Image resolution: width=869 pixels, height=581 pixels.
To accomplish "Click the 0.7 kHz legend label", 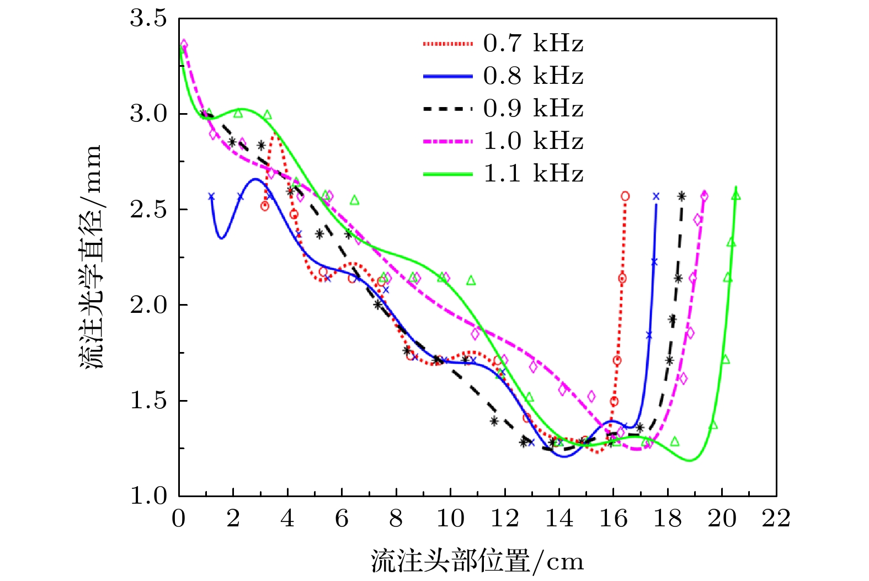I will pyautogui.click(x=533, y=44).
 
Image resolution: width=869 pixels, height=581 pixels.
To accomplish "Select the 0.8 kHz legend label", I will pyautogui.click(x=533, y=76).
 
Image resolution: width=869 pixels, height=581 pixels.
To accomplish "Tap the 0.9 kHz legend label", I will pyautogui.click(x=533, y=109).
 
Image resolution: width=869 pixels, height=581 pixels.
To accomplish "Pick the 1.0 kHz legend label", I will pyautogui.click(x=533, y=141).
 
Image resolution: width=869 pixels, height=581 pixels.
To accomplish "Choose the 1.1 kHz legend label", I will pyautogui.click(x=533, y=174).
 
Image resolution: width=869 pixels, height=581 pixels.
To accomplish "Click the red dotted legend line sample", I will pyautogui.click(x=447, y=44).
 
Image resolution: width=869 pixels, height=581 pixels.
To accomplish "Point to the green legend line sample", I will pyautogui.click(x=447, y=174).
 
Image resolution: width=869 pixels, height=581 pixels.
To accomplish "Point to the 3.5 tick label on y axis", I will pyautogui.click(x=148, y=18).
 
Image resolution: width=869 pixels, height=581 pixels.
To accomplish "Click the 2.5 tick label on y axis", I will pyautogui.click(x=148, y=210).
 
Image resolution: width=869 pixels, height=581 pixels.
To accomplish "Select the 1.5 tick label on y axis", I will pyautogui.click(x=148, y=401).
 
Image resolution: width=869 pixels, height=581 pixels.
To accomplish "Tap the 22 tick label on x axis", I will pyautogui.click(x=776, y=519).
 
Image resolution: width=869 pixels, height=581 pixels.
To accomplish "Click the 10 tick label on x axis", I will pyautogui.click(x=450, y=519).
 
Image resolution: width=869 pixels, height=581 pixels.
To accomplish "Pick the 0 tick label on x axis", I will pyautogui.click(x=179, y=519).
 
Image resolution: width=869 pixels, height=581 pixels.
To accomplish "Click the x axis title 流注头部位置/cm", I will pyautogui.click(x=477, y=562).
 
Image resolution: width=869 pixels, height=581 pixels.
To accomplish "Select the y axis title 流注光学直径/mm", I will pyautogui.click(x=91, y=257).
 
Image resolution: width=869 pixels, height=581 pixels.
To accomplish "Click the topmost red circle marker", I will pyautogui.click(x=625, y=196).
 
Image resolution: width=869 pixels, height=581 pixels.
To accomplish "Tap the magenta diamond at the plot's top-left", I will pyautogui.click(x=184, y=45).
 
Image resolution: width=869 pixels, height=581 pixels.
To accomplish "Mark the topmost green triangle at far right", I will pyautogui.click(x=735, y=195).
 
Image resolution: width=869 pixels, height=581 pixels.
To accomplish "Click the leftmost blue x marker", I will pyautogui.click(x=211, y=196).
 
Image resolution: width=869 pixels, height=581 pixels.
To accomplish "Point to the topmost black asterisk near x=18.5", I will pyautogui.click(x=681, y=196).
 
